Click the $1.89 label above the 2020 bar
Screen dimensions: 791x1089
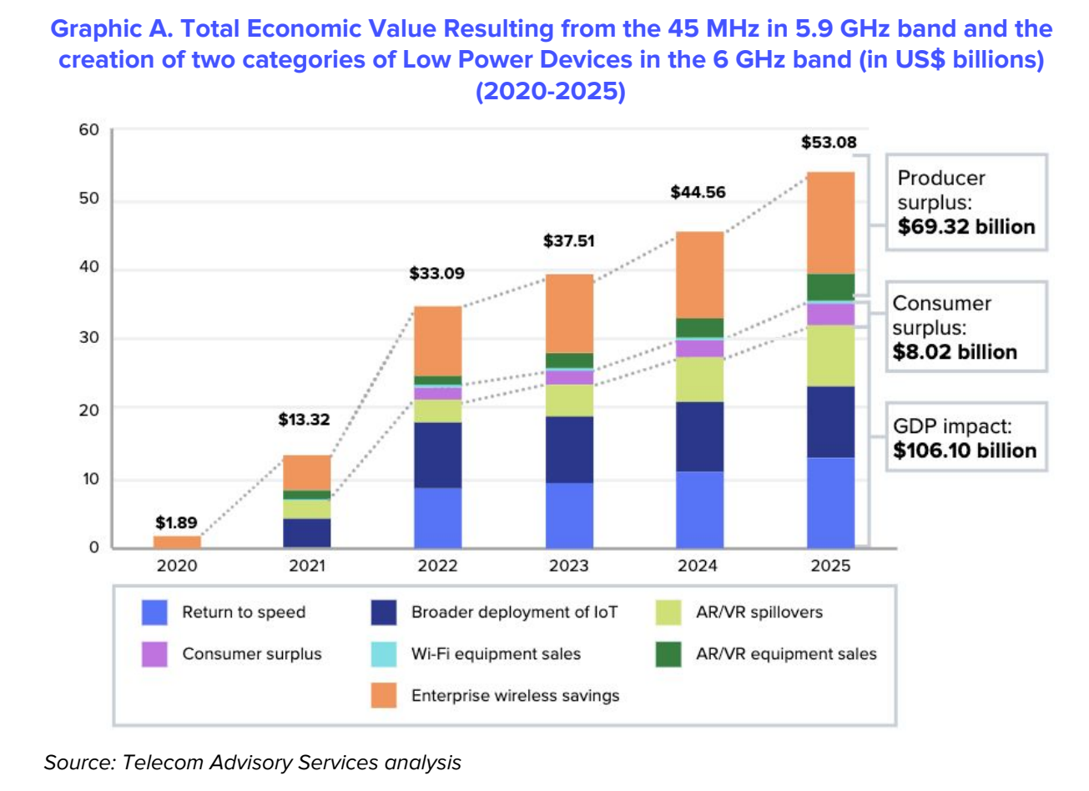pyautogui.click(x=176, y=523)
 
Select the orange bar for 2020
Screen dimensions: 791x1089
pyautogui.click(x=177, y=542)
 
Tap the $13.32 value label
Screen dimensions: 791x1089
pyautogui.click(x=304, y=419)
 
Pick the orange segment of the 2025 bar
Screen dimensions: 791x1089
pyautogui.click(x=830, y=223)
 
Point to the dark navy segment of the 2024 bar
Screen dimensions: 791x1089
pyautogui.click(x=699, y=436)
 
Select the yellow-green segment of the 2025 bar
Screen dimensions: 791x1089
pyautogui.click(x=830, y=355)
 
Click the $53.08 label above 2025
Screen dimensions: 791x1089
pyautogui.click(x=829, y=142)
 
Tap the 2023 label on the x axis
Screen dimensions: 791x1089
pyautogui.click(x=568, y=566)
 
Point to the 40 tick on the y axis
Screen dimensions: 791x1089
pyautogui.click(x=88, y=268)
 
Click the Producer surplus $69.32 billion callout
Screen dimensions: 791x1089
pyautogui.click(x=965, y=202)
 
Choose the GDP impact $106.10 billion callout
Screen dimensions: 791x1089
pyautogui.click(x=965, y=438)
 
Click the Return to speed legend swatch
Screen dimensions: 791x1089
pyautogui.click(x=154, y=612)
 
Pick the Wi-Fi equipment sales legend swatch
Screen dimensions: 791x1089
pyautogui.click(x=384, y=654)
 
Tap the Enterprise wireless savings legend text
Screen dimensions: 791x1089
pyautogui.click(x=515, y=696)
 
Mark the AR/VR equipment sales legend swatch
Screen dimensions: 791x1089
pyautogui.click(x=668, y=654)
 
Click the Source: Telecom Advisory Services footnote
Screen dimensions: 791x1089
pyautogui.click(x=252, y=762)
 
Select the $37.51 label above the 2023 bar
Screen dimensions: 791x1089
pyautogui.click(x=568, y=241)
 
